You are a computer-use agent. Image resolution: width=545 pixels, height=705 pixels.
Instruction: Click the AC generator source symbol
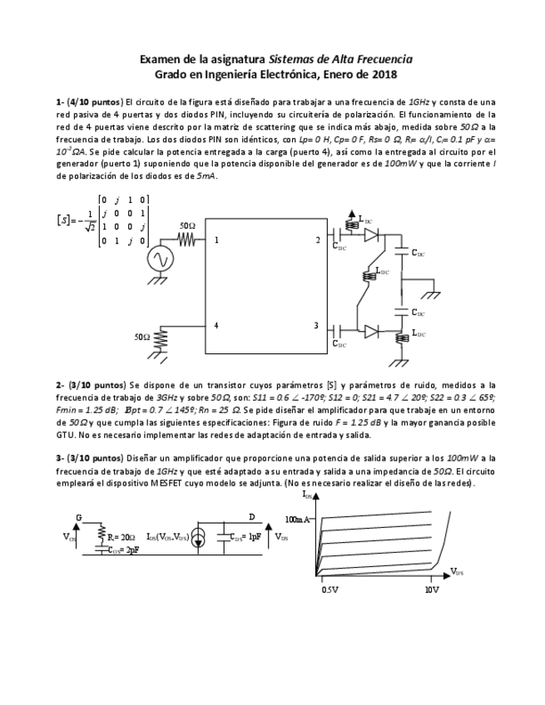tap(161, 260)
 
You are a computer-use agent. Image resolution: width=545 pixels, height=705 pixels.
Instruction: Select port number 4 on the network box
tap(216, 325)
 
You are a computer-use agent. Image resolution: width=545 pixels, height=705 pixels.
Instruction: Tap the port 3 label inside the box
tap(315, 325)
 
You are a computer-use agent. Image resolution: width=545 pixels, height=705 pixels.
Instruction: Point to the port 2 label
tap(316, 240)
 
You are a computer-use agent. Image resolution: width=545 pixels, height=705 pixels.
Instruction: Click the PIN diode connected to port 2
tap(370, 235)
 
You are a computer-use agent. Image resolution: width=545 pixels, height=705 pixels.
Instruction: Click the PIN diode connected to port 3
tap(370, 330)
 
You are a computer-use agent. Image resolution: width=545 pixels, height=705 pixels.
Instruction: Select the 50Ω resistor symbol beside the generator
tap(187, 239)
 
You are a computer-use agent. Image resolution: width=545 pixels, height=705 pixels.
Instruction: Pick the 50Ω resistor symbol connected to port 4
tap(160, 338)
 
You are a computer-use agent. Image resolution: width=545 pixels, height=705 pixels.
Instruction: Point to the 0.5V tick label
tap(329, 589)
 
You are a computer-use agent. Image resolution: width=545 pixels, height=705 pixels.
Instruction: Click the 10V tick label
tap(432, 589)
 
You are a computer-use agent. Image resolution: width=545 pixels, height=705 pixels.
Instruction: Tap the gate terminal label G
tap(79, 517)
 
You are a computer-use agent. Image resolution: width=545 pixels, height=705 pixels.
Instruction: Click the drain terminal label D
tap(252, 517)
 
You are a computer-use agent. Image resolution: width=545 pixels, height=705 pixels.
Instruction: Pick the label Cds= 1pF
tap(245, 538)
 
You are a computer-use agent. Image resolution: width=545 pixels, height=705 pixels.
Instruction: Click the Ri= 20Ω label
tap(121, 538)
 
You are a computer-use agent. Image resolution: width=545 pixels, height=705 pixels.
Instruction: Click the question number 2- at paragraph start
tap(60, 385)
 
